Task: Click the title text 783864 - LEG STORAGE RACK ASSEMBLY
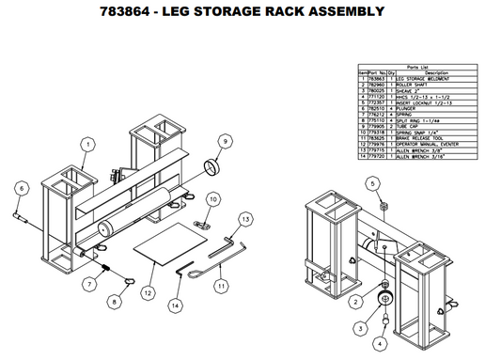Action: tap(250, 12)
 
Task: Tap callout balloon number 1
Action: tap(86, 145)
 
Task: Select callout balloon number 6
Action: tap(17, 188)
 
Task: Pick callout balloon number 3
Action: tap(361, 328)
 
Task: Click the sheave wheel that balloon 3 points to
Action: tap(384, 300)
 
